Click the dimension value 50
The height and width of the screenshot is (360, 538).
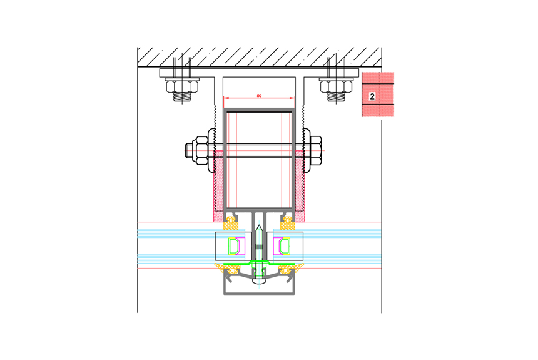259,96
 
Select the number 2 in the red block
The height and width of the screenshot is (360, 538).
372,96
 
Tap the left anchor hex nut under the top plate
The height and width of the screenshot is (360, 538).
182,86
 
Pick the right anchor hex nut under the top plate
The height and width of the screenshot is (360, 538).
337,86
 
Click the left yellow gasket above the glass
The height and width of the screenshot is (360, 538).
231,225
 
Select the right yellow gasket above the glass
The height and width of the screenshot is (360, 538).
288,225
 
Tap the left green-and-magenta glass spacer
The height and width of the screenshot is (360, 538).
236,246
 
